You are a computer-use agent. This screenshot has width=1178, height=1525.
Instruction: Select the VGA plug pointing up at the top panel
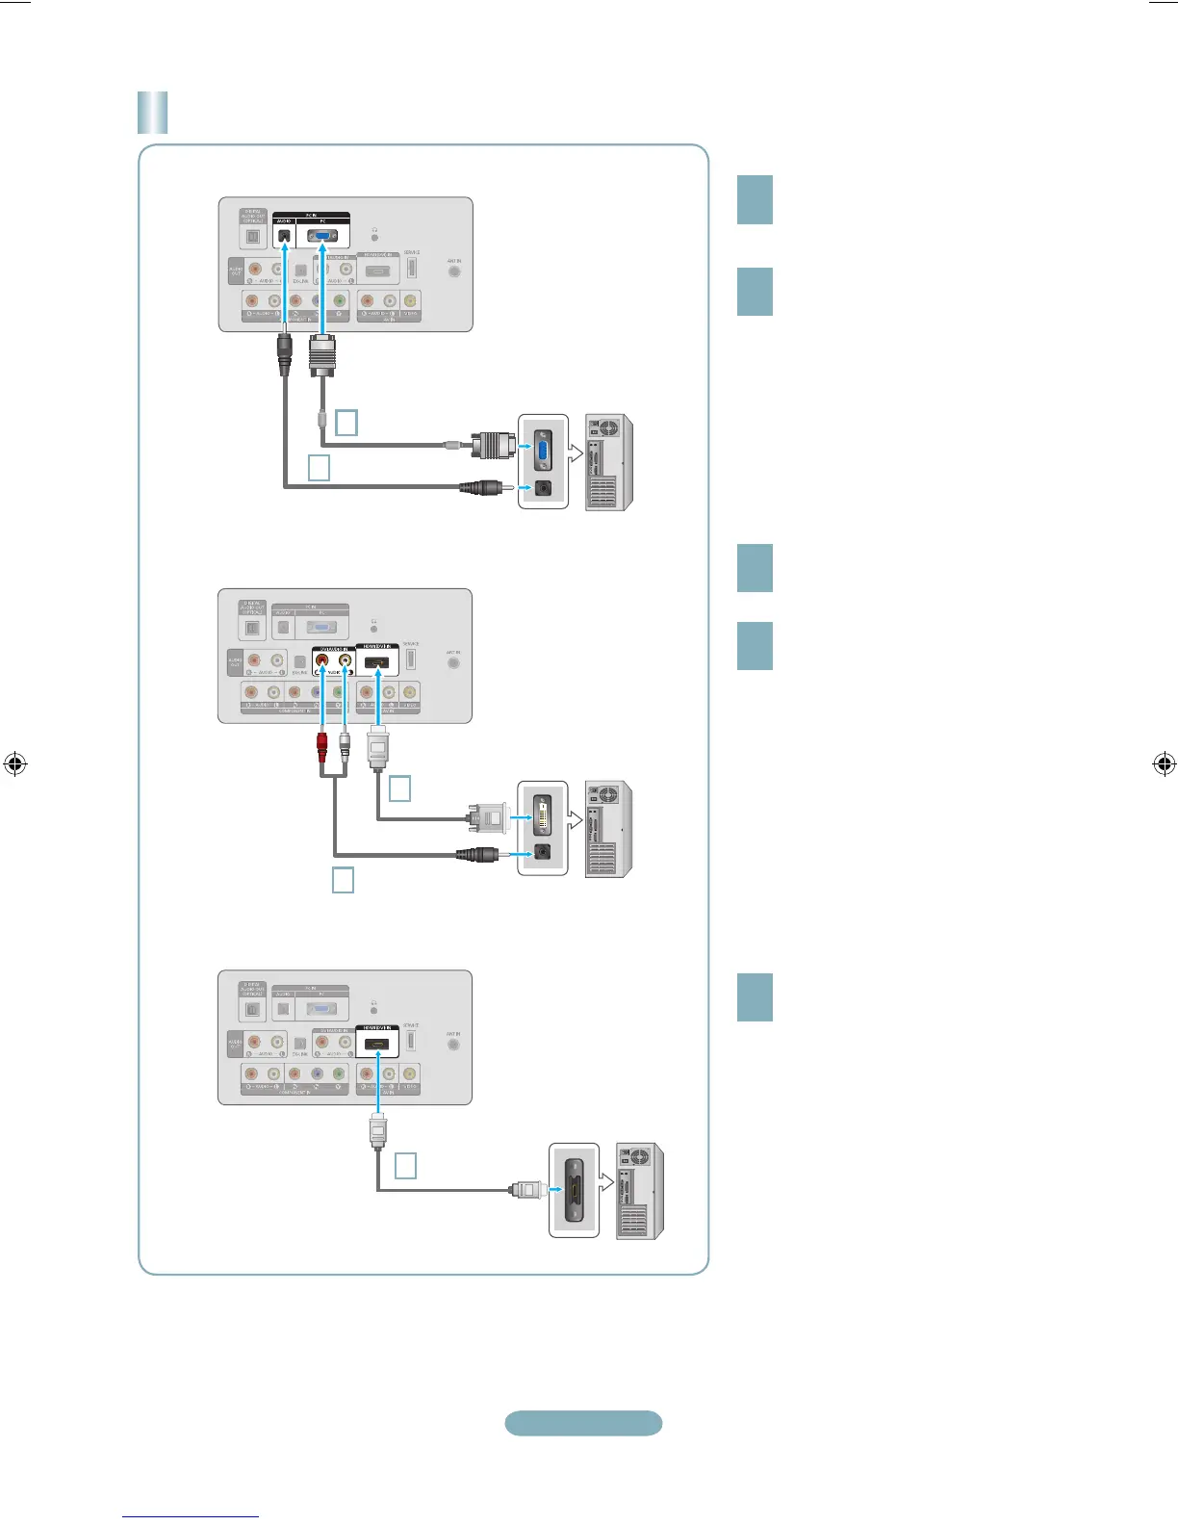coord(321,357)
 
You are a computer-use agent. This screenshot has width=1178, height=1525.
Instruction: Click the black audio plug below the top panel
coord(284,354)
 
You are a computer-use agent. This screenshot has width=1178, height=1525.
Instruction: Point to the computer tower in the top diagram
coord(608,463)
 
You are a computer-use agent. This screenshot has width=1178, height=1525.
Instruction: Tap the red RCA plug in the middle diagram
coord(321,747)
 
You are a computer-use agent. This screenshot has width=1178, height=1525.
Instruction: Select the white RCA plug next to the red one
coord(345,747)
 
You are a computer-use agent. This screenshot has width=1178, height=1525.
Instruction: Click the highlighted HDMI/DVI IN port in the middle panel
coord(377,663)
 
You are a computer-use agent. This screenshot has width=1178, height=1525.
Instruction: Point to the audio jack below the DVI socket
coord(543,853)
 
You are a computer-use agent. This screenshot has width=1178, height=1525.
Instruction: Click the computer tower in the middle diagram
coord(608,829)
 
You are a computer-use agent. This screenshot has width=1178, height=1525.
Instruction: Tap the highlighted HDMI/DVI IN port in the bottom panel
coord(377,1045)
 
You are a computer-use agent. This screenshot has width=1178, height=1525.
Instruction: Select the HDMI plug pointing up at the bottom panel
coord(378,1130)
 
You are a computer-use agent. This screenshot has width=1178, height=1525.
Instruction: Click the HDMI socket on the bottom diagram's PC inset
coord(574,1191)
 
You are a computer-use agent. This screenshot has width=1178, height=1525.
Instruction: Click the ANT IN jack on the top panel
coord(454,271)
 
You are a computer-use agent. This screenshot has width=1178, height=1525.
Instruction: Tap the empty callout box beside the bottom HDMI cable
coord(406,1166)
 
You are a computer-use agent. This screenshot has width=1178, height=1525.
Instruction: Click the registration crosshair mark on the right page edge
coord(1164,764)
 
